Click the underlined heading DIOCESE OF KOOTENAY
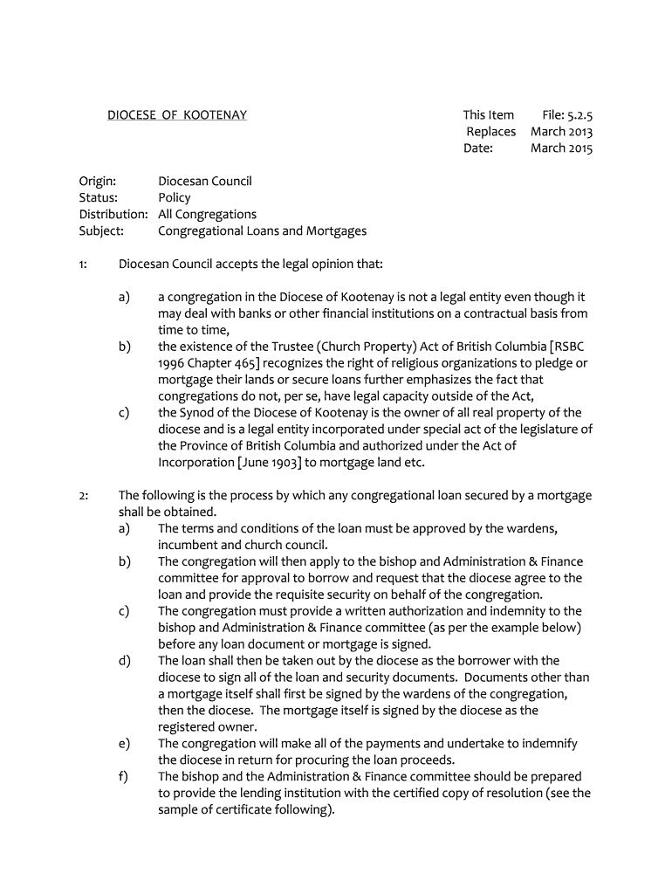176,115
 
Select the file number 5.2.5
579,115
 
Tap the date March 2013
561,132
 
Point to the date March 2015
561,148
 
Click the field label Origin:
98,182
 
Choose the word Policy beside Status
174,198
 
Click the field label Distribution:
113,215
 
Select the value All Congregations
207,215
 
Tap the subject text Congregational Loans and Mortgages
262,231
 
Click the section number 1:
84,264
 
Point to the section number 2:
84,496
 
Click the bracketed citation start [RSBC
569,347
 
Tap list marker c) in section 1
123,413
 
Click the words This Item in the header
488,115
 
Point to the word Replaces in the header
490,132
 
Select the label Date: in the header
478,148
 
